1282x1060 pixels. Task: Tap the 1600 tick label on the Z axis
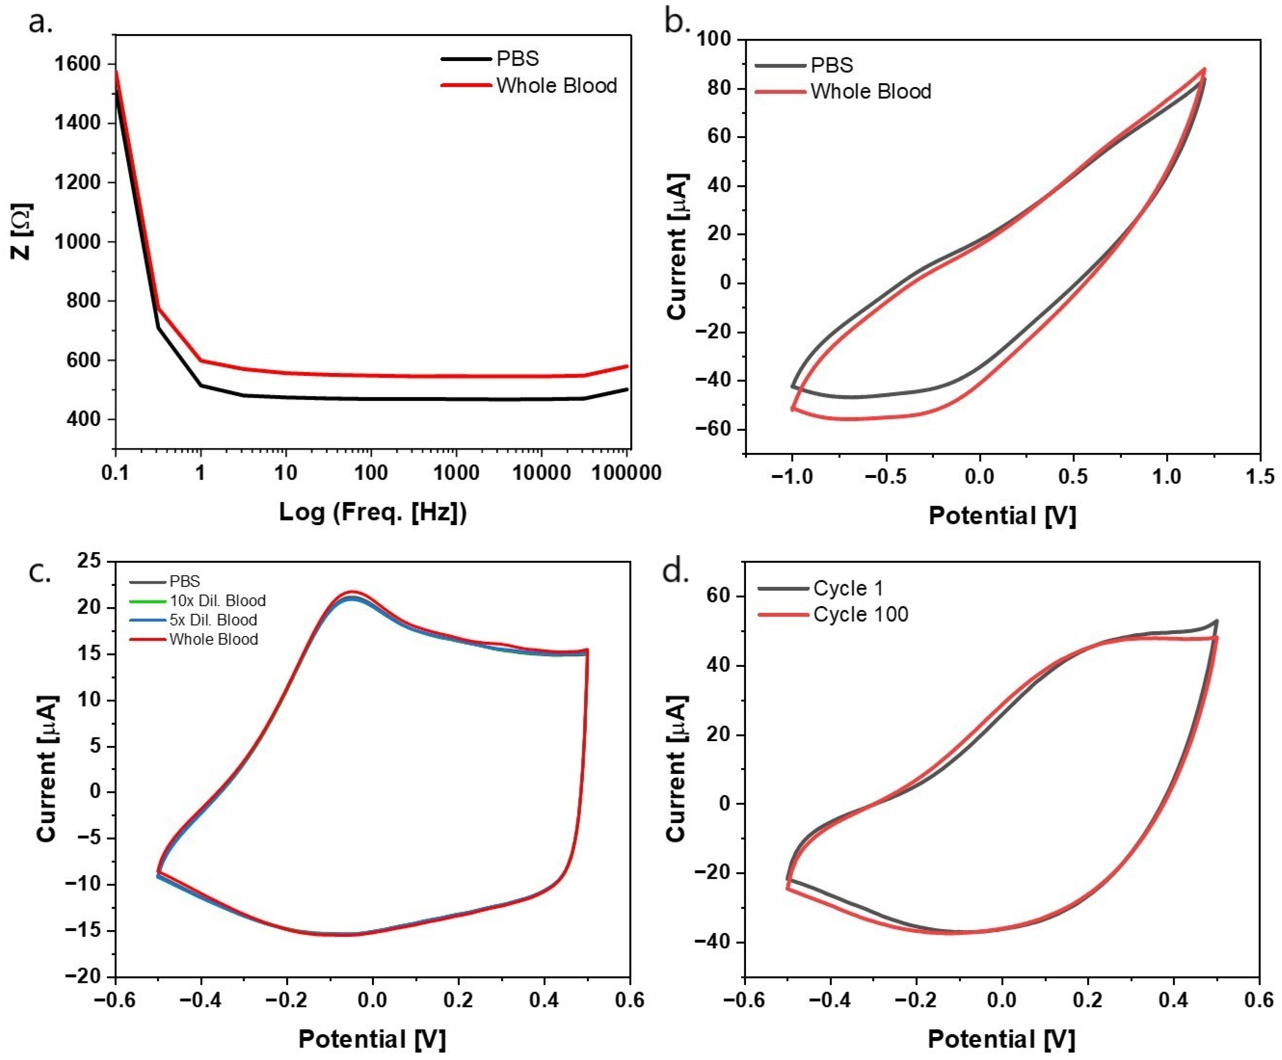point(79,64)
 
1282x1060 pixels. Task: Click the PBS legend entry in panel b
point(831,65)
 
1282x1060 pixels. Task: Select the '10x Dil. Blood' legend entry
point(217,601)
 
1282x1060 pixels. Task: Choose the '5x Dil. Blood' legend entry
point(213,620)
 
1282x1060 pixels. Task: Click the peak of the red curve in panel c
point(351,591)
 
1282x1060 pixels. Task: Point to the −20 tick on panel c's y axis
point(84,976)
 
